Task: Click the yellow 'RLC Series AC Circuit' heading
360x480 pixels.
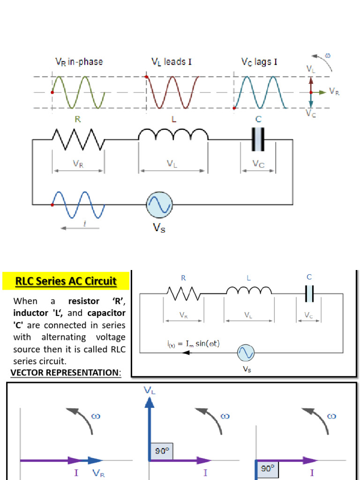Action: [x=66, y=281]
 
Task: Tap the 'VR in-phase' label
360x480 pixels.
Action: [x=79, y=62]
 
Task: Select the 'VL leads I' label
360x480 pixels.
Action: [x=171, y=62]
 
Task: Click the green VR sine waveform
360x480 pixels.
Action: [x=78, y=92]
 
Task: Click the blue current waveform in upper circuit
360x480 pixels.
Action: [x=78, y=205]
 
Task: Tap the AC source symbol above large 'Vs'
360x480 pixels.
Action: [x=159, y=205]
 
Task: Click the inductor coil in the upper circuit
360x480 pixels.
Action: [x=173, y=135]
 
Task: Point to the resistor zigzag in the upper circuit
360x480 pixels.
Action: [x=78, y=139]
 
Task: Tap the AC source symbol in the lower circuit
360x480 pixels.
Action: [x=246, y=352]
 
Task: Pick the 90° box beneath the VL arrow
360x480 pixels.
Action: [x=159, y=451]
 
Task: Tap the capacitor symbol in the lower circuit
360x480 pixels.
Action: [x=309, y=294]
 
